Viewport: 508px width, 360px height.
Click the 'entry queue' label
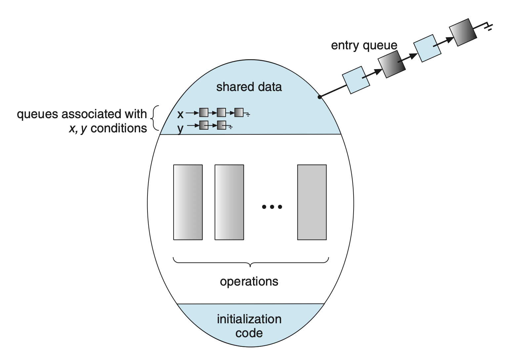pos(364,45)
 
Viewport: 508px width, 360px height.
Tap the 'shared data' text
pos(249,87)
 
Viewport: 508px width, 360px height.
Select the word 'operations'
pos(249,282)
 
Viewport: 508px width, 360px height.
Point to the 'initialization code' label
pos(249,326)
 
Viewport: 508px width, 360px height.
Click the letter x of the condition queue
pos(180,114)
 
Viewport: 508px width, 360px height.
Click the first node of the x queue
pos(204,113)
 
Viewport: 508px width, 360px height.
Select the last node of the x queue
pos(239,113)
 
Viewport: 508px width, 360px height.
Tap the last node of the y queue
pos(222,125)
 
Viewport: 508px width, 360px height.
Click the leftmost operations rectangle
pos(188,202)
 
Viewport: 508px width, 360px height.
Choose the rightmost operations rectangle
pos(312,202)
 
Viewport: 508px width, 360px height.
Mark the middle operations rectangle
pos(229,202)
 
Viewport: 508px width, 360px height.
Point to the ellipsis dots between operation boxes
pos(272,207)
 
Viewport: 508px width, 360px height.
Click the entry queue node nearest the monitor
pos(356,80)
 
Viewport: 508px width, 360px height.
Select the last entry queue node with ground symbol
pos(463,32)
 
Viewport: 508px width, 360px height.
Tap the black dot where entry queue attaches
pos(319,97)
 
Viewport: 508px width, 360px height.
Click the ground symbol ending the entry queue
pos(487,26)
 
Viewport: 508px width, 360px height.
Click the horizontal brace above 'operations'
pos(251,262)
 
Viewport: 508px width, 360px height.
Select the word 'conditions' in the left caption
pos(119,128)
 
